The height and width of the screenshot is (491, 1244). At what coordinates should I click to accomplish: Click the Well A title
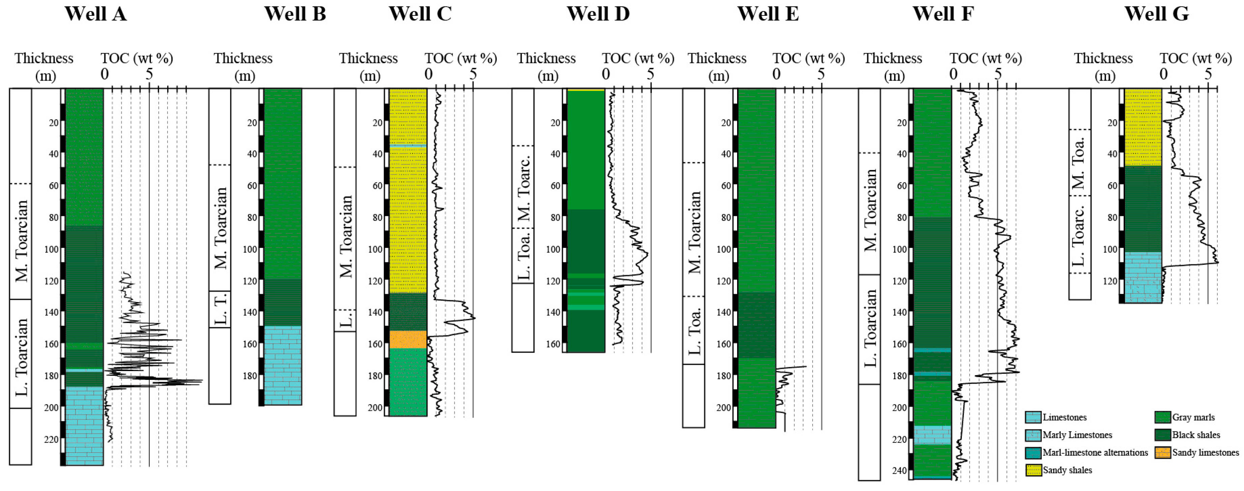pos(96,13)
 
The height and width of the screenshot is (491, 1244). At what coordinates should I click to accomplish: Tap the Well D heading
pos(598,13)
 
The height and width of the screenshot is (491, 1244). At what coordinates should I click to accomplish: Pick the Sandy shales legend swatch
pos(1033,470)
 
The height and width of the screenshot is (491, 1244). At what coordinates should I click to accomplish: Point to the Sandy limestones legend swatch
pos(1162,452)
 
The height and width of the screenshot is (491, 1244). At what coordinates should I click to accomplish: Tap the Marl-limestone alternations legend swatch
pos(1033,452)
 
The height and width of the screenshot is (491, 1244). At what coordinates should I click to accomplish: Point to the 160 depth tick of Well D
pos(553,344)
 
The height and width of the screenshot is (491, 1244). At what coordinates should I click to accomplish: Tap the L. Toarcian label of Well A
pos(21,357)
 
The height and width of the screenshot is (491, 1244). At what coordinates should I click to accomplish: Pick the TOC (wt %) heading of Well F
pos(985,58)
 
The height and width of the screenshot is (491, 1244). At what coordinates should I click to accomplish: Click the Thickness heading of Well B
pos(243,58)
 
